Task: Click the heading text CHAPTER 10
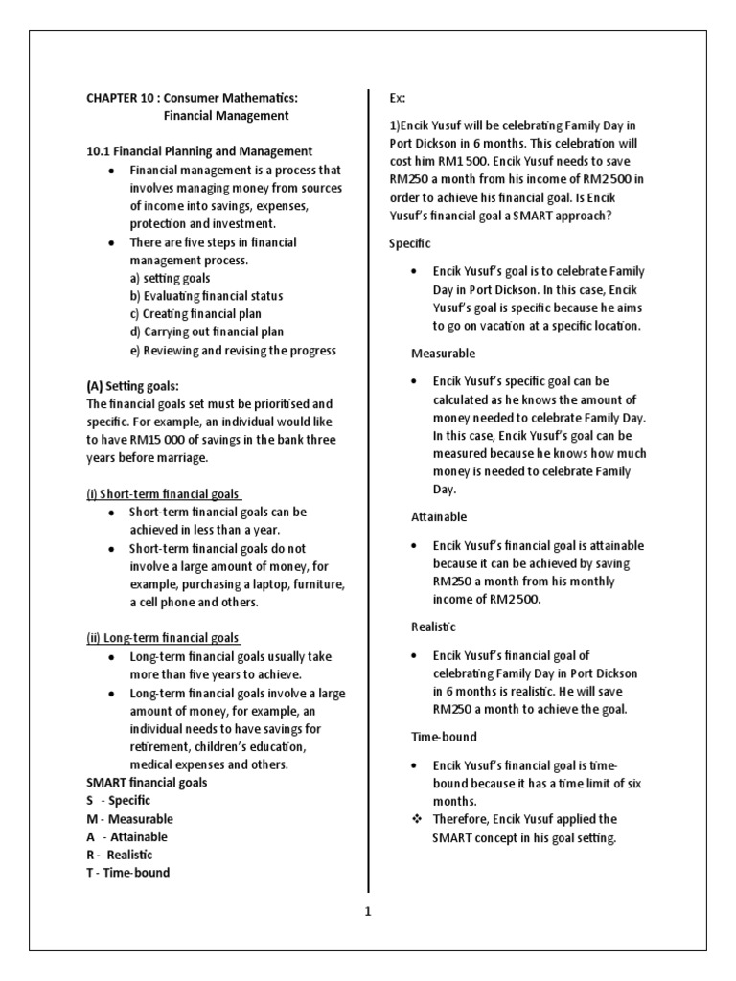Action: [x=119, y=98]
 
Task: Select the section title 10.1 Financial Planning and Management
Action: [x=199, y=151]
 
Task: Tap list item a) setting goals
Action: [x=173, y=278]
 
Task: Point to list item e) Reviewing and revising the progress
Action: [x=233, y=351]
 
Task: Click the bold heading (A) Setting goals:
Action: [x=132, y=386]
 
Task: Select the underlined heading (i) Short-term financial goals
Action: [x=163, y=493]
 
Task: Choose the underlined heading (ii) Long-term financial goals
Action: [x=162, y=638]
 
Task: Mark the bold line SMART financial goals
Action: [x=146, y=783]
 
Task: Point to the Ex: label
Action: [x=397, y=98]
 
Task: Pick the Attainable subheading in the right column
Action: [x=439, y=517]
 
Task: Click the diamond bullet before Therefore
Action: [x=414, y=820]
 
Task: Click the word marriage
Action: [x=198, y=458]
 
